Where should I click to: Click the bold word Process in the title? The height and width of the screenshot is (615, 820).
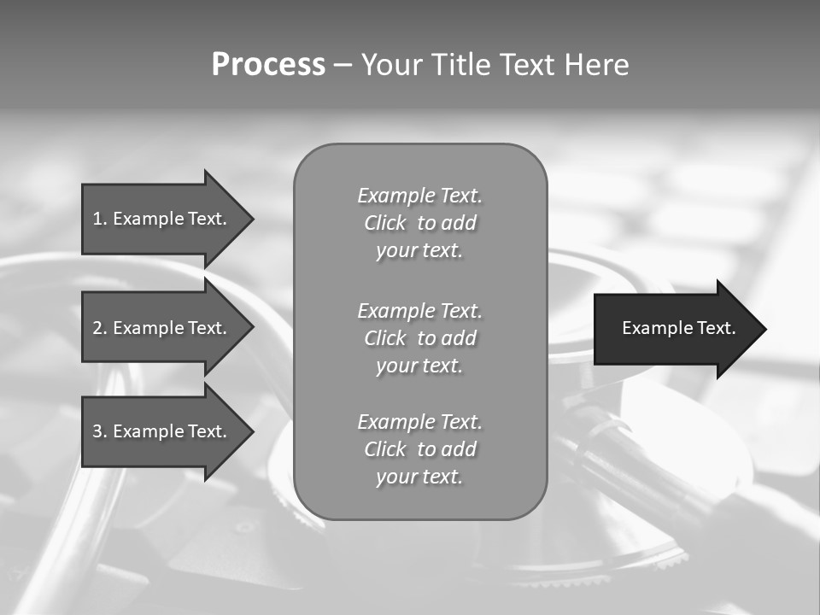268,65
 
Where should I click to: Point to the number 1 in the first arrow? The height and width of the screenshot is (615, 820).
97,219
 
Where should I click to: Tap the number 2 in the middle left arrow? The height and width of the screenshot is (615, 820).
97,328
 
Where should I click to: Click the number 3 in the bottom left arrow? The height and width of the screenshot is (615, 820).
97,431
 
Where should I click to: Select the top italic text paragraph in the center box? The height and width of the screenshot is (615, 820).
419,223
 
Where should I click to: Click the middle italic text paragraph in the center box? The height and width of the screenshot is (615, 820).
419,337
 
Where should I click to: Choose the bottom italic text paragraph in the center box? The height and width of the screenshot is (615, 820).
419,448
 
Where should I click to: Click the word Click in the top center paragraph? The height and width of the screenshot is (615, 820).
384,223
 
